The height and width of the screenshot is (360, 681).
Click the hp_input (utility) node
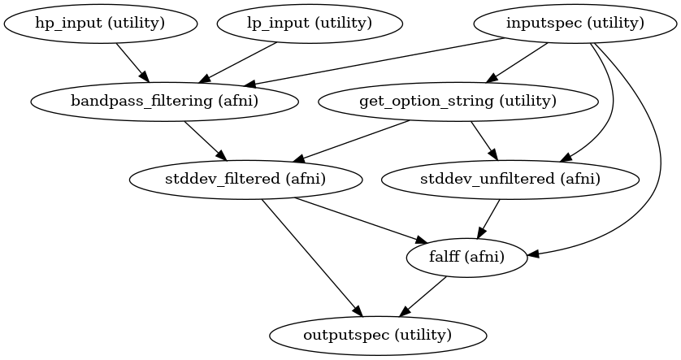[100, 23]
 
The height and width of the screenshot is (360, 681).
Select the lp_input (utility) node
[310, 23]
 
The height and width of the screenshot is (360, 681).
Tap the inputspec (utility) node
[575, 23]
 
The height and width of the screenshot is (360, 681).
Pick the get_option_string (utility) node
[458, 102]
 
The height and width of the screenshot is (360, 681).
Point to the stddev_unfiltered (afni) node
[510, 179]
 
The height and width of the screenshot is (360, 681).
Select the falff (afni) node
[466, 257]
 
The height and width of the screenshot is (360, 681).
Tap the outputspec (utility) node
[378, 335]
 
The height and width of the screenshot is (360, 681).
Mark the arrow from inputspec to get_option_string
[517, 63]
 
